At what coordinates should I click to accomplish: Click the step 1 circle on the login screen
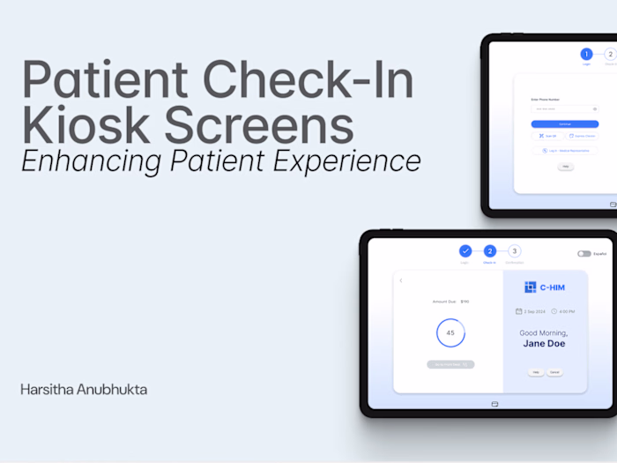(587, 55)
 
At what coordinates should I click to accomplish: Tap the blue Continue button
(565, 124)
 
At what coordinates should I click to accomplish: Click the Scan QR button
(547, 137)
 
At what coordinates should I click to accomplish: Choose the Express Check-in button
(582, 137)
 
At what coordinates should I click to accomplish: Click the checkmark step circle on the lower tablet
(465, 251)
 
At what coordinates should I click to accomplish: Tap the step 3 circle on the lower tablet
(515, 251)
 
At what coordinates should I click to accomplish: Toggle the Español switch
(584, 254)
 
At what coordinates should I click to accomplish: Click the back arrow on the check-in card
(401, 280)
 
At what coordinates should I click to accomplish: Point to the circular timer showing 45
(450, 332)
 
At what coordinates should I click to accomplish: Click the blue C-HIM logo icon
(530, 287)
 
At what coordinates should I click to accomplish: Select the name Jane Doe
(544, 344)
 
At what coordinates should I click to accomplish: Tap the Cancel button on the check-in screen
(555, 373)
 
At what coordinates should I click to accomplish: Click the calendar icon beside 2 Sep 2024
(519, 311)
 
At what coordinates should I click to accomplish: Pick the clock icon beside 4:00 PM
(554, 311)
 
